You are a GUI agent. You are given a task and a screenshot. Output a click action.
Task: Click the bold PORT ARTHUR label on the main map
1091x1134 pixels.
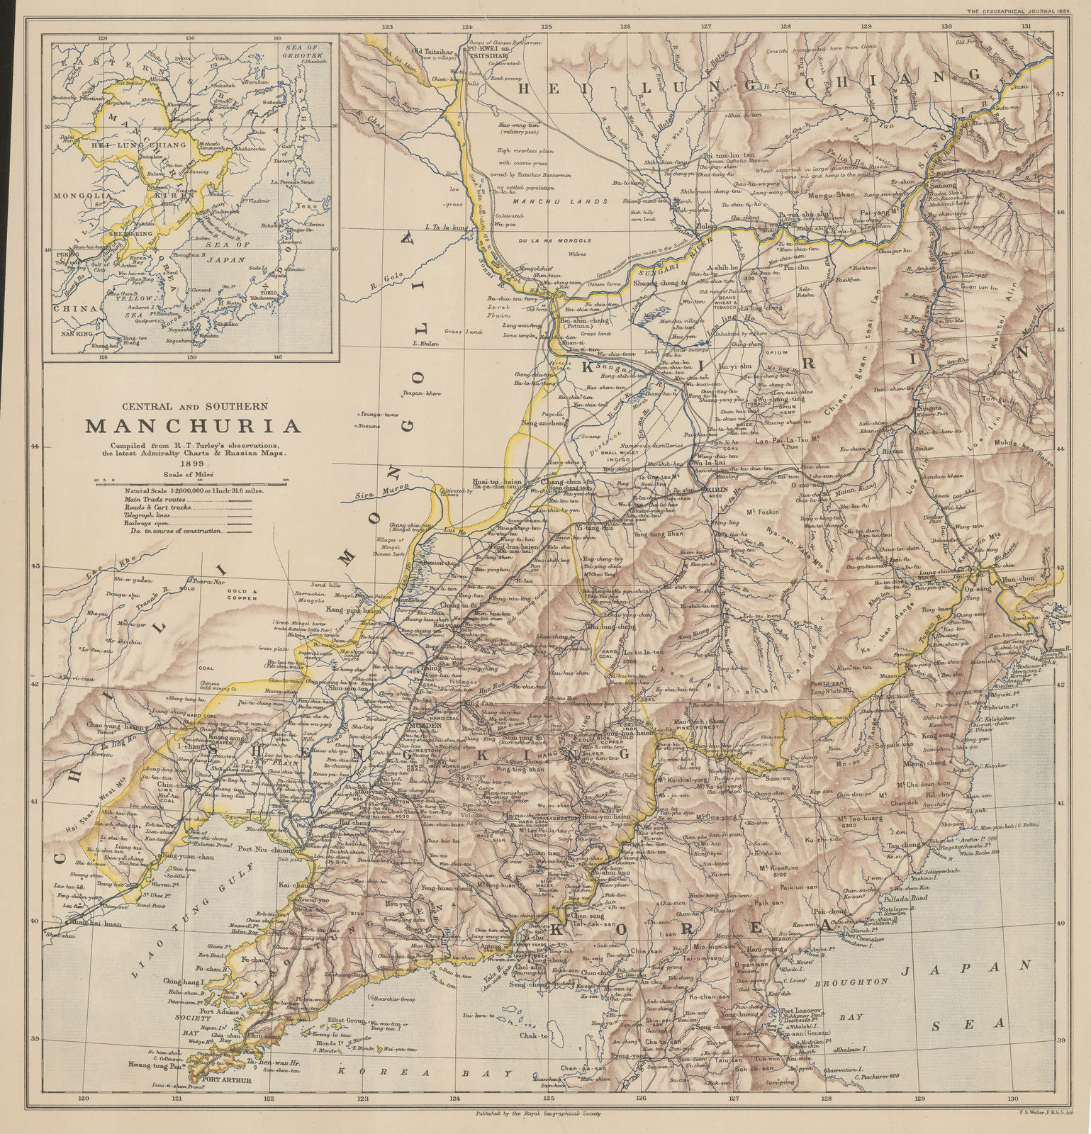(226, 1080)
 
